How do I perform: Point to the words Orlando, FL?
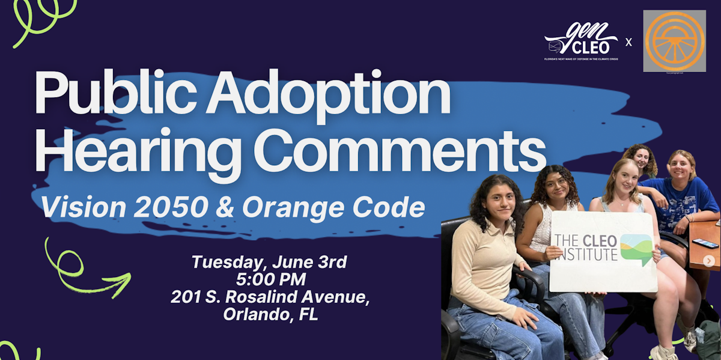coord(270,314)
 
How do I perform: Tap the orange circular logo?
coord(674,40)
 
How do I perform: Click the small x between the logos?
coord(628,42)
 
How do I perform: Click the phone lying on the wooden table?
coord(704,243)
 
